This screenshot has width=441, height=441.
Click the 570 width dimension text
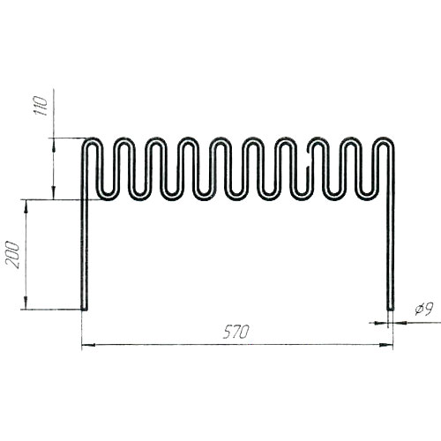pyautogui.click(x=236, y=332)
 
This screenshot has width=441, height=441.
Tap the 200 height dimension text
pyautogui.click(x=12, y=255)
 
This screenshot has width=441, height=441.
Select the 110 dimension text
pyautogui.click(x=41, y=106)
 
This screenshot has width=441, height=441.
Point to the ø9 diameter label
pyautogui.click(x=424, y=309)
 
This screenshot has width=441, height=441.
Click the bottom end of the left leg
pyautogui.click(x=84, y=310)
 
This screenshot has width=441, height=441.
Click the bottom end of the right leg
pyautogui.click(x=391, y=310)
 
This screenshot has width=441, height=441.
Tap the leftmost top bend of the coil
pyautogui.click(x=92, y=139)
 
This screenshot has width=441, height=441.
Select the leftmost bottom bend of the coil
pyautogui.click(x=108, y=198)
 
